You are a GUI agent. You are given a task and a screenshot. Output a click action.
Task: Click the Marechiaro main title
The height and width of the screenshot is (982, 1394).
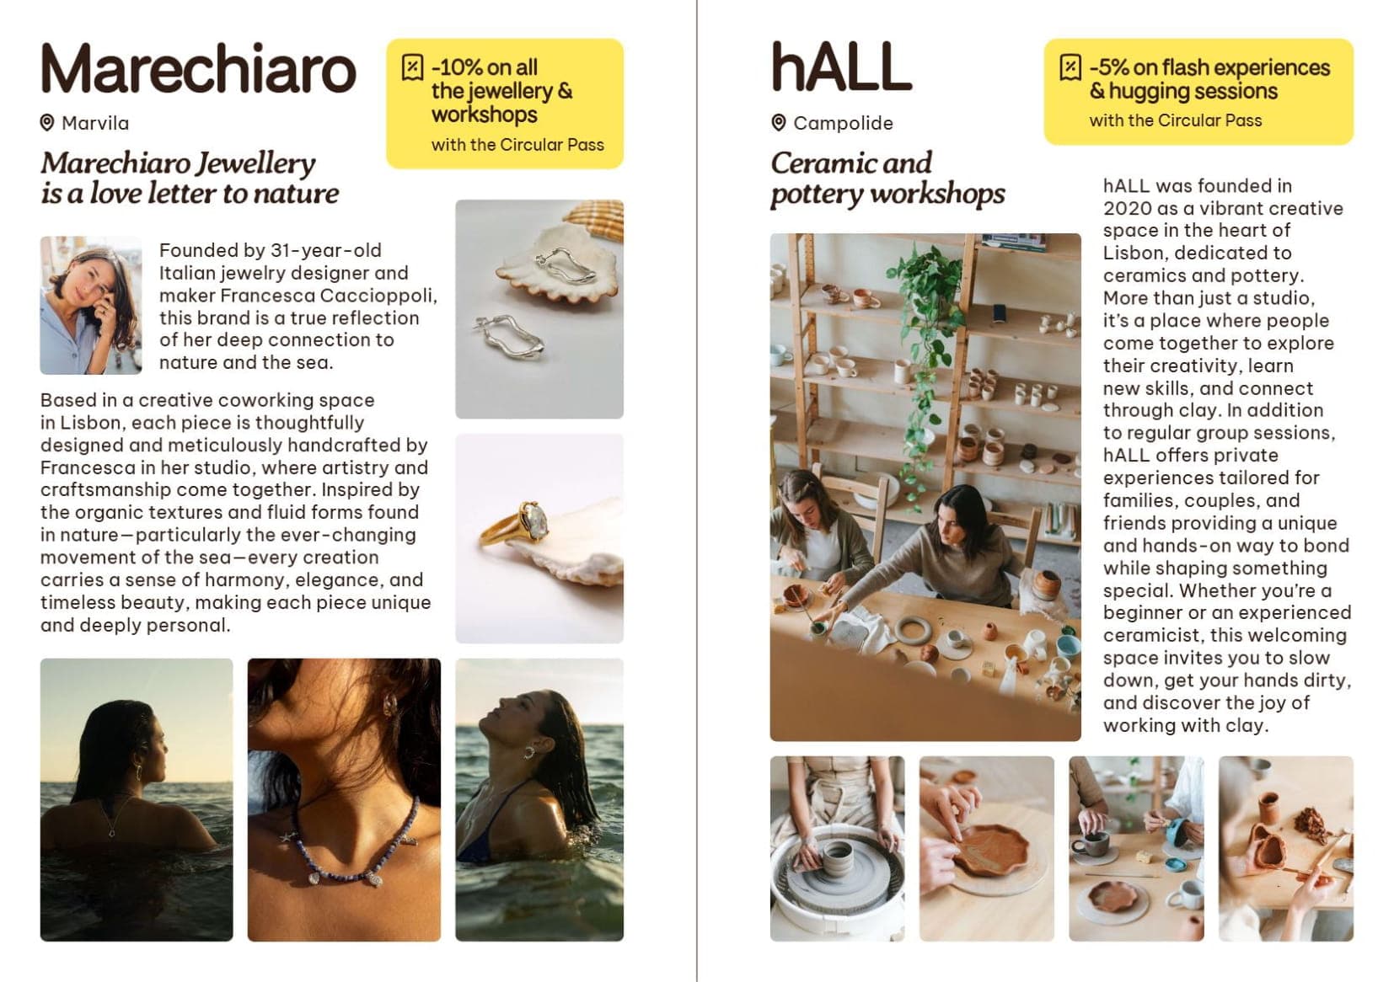pyautogui.click(x=199, y=68)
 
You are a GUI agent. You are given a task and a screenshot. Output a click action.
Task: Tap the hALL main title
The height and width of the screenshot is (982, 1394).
pyautogui.click(x=841, y=67)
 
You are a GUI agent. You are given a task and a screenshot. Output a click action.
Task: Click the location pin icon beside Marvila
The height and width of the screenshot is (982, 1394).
pyautogui.click(x=46, y=122)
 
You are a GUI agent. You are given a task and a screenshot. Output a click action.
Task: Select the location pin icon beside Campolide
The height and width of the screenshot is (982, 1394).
pyautogui.click(x=778, y=122)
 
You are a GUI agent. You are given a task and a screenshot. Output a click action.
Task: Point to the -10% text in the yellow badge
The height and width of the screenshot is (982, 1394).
pyautogui.click(x=457, y=67)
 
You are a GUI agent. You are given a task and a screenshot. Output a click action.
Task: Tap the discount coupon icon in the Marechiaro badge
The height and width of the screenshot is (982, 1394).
pyautogui.click(x=412, y=67)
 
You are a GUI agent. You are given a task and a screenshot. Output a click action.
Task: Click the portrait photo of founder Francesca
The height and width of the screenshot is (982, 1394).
pyautogui.click(x=91, y=306)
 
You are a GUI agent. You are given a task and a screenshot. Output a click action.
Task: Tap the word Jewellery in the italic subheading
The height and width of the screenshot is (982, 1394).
pyautogui.click(x=255, y=163)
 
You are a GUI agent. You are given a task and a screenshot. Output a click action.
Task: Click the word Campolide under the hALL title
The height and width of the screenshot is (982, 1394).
pyautogui.click(x=844, y=123)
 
